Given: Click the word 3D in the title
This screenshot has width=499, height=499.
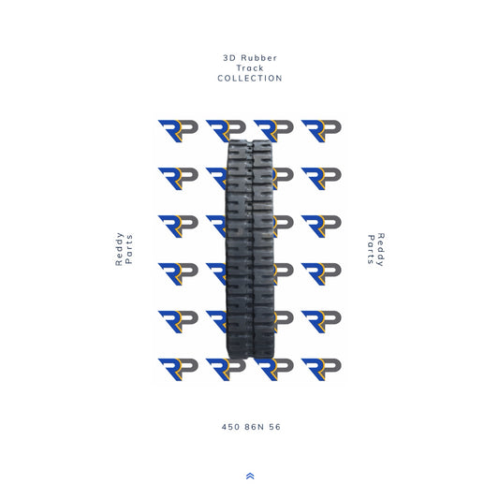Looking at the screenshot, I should [x=228, y=58].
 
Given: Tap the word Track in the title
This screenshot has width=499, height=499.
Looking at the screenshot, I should [x=249, y=68].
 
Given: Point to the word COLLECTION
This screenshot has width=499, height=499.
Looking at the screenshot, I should [x=249, y=79].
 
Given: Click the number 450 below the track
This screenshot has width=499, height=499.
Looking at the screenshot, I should [x=230, y=427].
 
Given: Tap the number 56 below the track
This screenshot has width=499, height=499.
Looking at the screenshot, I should [x=274, y=427].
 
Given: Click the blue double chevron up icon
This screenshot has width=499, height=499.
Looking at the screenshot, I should [x=249, y=476].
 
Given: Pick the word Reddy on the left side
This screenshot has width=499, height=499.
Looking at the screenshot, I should [x=120, y=250].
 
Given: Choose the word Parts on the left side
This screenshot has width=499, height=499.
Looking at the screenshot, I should [x=130, y=250].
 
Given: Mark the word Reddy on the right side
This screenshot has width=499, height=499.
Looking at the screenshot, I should [x=381, y=250].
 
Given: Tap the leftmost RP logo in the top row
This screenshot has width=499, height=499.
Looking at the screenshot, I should [x=178, y=130].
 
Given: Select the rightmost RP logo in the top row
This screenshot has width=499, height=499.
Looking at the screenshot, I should [x=321, y=130].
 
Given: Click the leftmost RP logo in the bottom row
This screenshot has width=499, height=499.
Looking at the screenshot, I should [x=178, y=368].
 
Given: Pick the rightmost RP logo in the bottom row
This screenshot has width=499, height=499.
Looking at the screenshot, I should [x=321, y=368].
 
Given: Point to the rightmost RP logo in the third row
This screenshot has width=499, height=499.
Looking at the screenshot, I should [x=321, y=226].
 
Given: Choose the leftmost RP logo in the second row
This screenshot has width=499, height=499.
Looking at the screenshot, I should [x=178, y=178].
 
